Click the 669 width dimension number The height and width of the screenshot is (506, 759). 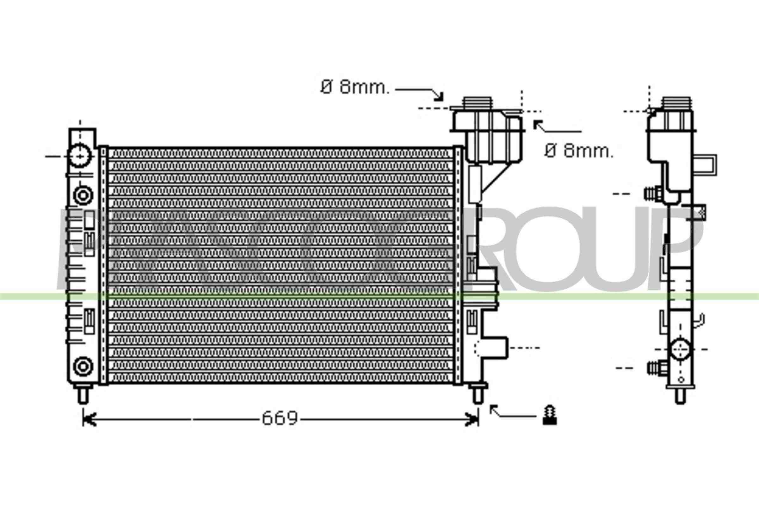point(280,418)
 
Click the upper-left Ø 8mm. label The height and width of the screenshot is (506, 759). point(355,87)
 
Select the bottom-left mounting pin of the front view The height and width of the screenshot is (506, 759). point(83,395)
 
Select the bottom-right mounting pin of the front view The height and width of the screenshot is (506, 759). point(478,395)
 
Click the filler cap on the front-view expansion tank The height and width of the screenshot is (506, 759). point(478,102)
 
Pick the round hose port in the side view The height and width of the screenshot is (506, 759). point(681,349)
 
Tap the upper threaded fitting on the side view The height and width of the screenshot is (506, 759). point(652,194)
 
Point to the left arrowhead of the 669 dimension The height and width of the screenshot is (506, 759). point(89,420)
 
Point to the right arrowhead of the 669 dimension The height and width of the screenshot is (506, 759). point(473,420)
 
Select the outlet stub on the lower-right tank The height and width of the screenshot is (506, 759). point(494,348)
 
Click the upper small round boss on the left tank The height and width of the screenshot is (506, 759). point(83,195)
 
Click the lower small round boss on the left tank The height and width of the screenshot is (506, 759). point(83,366)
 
